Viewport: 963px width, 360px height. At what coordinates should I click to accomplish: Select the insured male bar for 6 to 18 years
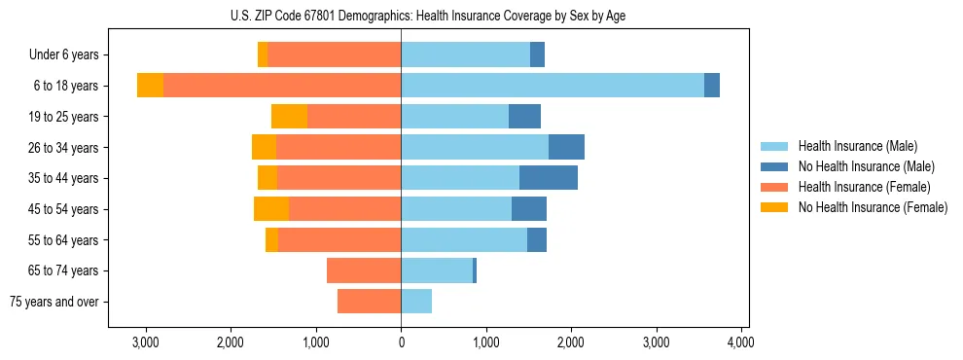(x=552, y=86)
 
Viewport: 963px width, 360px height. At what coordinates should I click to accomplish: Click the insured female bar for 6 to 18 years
(x=282, y=86)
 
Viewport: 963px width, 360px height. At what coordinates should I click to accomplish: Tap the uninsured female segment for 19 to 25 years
(x=289, y=117)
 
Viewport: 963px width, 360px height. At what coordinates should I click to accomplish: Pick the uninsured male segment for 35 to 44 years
(x=549, y=178)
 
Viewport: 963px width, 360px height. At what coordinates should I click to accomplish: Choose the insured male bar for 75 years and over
(x=416, y=302)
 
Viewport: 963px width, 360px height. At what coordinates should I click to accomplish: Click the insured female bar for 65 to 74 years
(x=364, y=270)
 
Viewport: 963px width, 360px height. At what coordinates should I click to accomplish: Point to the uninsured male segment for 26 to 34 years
(x=566, y=147)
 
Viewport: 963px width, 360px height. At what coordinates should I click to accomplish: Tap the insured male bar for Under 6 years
(x=465, y=54)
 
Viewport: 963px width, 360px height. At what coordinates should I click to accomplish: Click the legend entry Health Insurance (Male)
(x=857, y=146)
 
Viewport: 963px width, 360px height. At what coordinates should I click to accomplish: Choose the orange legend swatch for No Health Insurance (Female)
(x=775, y=207)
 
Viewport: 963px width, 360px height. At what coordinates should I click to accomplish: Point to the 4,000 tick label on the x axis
(x=741, y=342)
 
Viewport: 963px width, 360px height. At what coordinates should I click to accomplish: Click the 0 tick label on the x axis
(x=401, y=342)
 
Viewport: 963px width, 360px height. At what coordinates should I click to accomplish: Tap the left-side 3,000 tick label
(x=145, y=342)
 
